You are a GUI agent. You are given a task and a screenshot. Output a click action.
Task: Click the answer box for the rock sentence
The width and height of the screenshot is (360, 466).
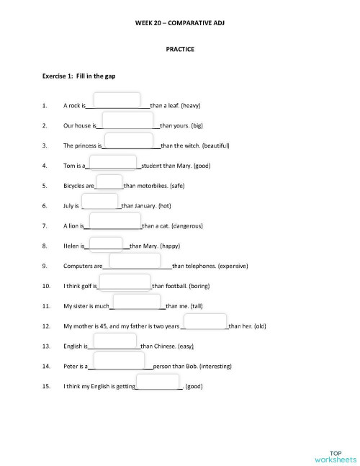point(117,101)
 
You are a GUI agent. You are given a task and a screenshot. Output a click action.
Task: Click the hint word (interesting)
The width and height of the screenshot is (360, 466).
point(215,366)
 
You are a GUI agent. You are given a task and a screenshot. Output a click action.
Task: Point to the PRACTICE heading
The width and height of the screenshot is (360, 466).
point(180,50)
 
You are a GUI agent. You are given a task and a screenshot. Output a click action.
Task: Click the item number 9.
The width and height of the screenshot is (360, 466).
point(45,266)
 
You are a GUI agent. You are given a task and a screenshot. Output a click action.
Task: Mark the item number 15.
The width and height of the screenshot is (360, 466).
point(46,386)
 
